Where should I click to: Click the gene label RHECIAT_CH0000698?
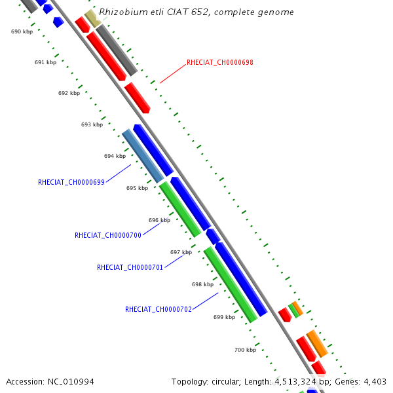pyautogui.click(x=219, y=63)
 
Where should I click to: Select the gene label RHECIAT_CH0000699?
pyautogui.click(x=71, y=182)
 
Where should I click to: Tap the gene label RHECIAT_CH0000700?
pyautogui.click(x=108, y=235)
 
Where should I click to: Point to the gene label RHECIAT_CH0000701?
pyautogui.click(x=130, y=267)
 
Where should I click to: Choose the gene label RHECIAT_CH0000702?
pyautogui.click(x=159, y=309)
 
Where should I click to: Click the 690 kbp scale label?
pyautogui.click(x=22, y=31)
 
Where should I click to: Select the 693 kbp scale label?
pyautogui.click(x=92, y=124)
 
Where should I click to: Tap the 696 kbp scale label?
pyautogui.click(x=159, y=220)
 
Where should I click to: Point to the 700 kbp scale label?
pyautogui.click(x=245, y=350)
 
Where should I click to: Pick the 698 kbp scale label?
pyautogui.click(x=202, y=284)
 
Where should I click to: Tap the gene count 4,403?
pyautogui.click(x=375, y=381)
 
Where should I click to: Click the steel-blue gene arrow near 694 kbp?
pyautogui.click(x=143, y=156)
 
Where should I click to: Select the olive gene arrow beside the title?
pyautogui.click(x=92, y=18)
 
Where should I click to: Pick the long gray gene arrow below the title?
pyautogui.click(x=117, y=50)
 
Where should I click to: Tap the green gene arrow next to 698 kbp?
pyautogui.click(x=230, y=284)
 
